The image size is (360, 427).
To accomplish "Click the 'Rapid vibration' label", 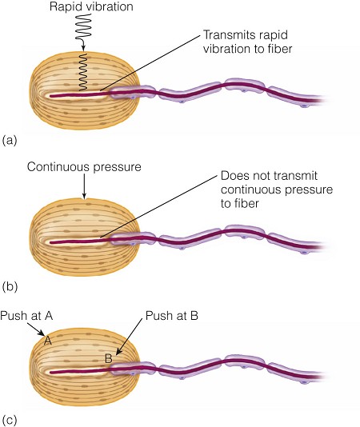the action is tap(91, 7).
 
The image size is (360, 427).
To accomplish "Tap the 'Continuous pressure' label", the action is tap(84, 167).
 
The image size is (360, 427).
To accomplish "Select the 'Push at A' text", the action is tap(26, 316).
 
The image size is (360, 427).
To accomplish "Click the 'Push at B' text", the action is tap(172, 316).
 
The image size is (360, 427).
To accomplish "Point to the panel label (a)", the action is tap(10, 141).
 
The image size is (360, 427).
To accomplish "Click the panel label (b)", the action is tap(10, 286).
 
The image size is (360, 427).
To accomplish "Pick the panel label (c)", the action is tap(10, 420).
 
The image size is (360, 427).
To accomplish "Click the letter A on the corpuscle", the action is tap(48, 341).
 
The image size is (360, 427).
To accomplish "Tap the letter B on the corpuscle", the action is tap(109, 359).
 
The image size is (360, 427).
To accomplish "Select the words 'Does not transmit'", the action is tap(269, 176).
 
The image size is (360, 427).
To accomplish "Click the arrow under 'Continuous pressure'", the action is tap(84, 186).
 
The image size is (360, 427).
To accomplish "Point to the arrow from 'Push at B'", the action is tap(130, 337).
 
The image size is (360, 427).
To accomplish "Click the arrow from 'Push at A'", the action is tap(35, 329).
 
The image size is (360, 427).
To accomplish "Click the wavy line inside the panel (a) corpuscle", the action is tap(83, 72).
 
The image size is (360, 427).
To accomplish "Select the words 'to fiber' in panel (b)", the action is tap(239, 204).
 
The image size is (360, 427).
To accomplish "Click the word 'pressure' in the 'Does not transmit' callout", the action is tap(309, 190).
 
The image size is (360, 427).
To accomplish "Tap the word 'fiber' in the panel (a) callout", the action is tap(278, 49).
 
